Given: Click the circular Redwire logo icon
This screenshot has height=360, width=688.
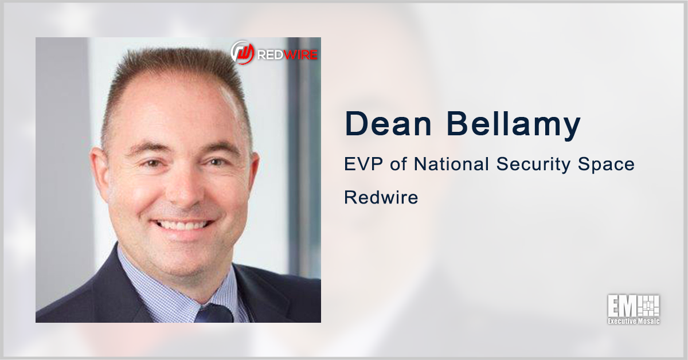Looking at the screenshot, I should [x=242, y=52].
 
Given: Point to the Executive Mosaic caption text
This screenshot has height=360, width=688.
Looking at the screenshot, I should [x=634, y=321].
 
